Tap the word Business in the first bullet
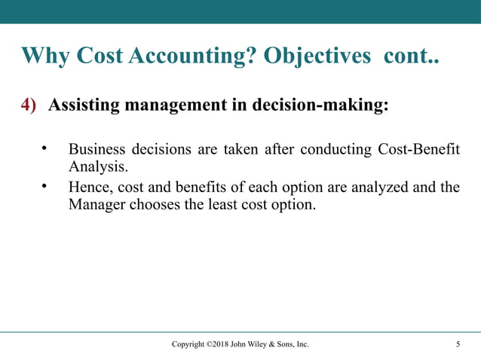point(97,146)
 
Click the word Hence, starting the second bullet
point(89,187)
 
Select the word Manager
point(92,203)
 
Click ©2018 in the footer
point(219,345)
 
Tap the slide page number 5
point(458,345)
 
